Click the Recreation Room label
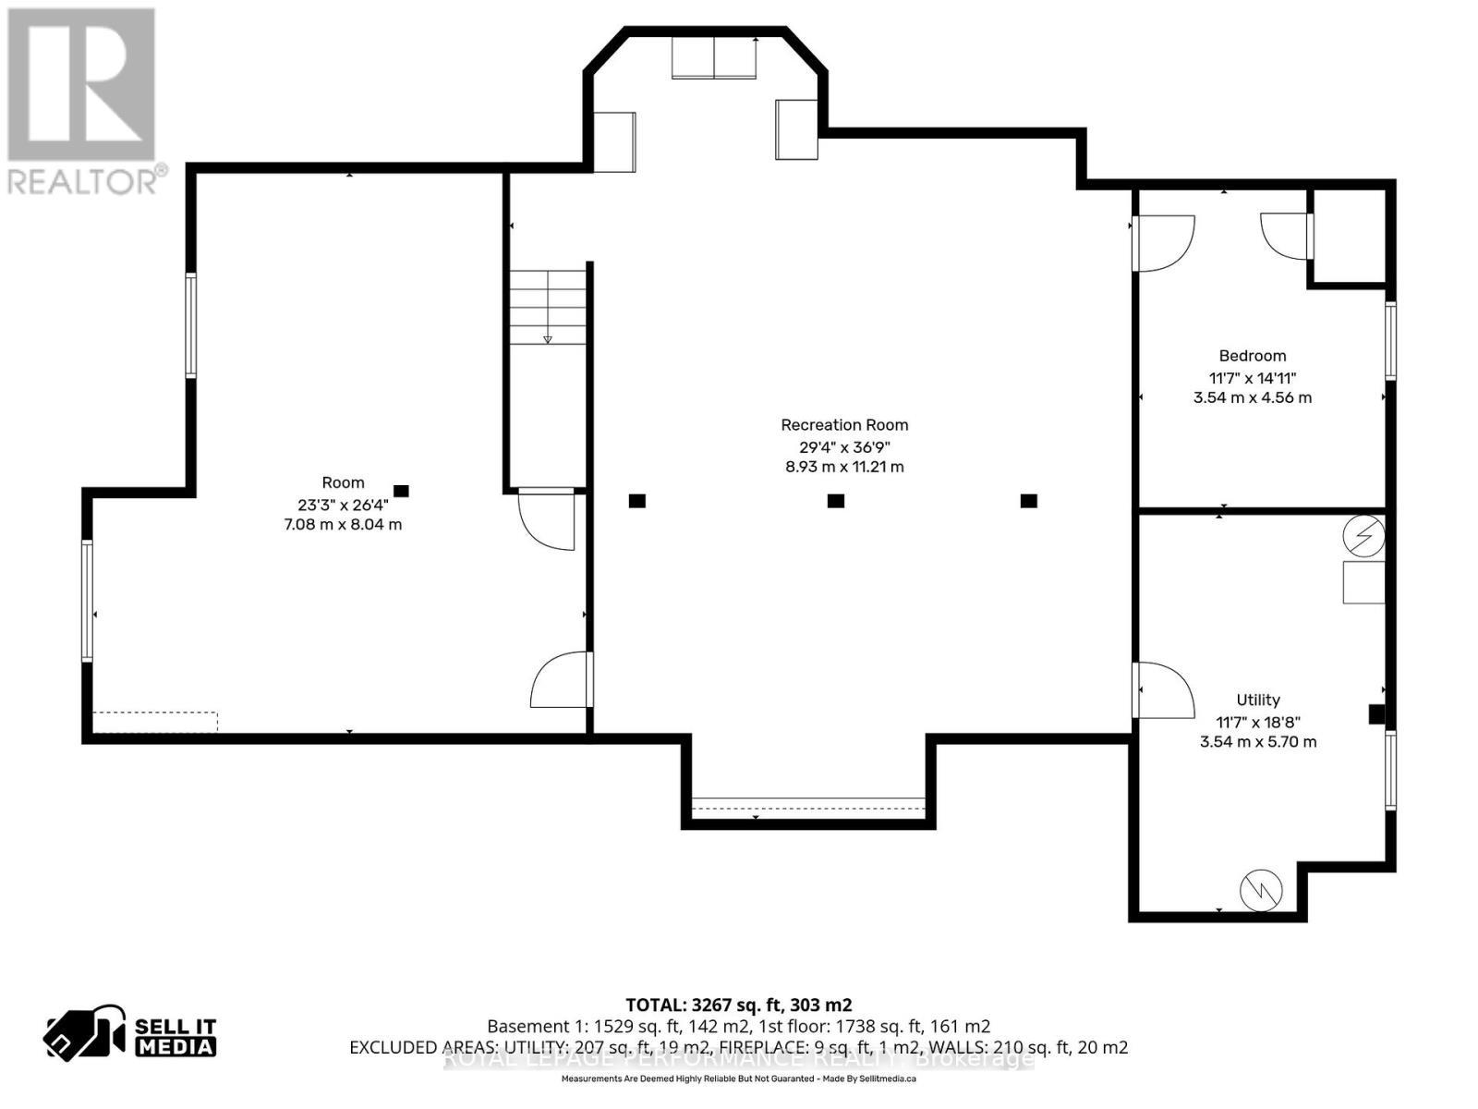click(844, 425)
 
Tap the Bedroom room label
click(1252, 356)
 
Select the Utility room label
click(1257, 700)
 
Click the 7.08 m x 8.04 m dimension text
click(343, 525)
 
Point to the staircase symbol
click(549, 308)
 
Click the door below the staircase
click(548, 519)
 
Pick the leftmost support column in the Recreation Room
click(636, 501)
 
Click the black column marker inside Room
click(401, 492)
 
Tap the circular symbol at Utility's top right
click(1364, 536)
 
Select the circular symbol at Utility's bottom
click(1261, 890)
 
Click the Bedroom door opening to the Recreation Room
click(1164, 243)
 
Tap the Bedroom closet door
click(1286, 235)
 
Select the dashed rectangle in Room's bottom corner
click(155, 721)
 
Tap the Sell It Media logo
click(131, 1035)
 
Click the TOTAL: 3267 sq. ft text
click(738, 1005)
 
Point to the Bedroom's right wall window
click(1389, 339)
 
